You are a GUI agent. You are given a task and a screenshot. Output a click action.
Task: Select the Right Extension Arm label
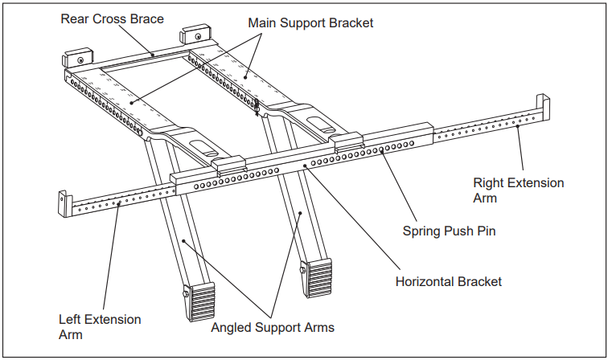pos(518,190)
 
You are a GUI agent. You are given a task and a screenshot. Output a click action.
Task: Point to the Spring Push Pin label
pos(449,231)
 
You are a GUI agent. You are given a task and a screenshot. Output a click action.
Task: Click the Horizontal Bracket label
pos(448,281)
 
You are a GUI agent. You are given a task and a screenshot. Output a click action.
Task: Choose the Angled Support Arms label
pos(273,327)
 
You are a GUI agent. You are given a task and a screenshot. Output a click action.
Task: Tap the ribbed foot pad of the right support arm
pos(316,278)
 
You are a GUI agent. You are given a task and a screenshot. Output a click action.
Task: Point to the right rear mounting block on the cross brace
pos(195,35)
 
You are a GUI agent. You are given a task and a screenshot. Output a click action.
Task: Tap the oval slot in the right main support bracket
pos(321,121)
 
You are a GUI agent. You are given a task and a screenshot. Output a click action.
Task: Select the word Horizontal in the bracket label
pos(426,281)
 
